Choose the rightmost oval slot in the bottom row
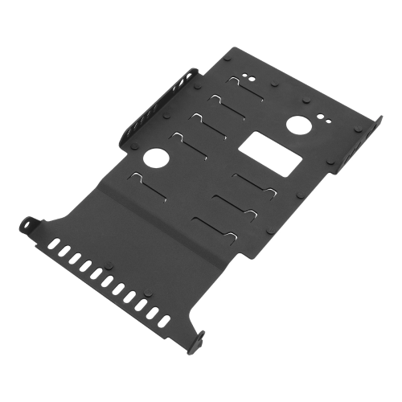click(x=164, y=321)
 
